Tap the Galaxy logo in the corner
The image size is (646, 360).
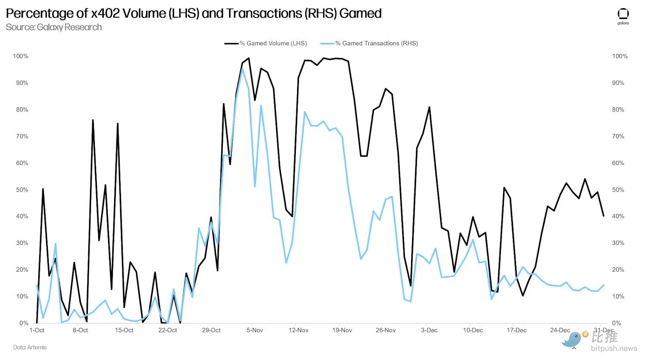623,16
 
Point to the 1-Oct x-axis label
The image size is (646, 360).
37,330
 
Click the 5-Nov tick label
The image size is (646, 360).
255,330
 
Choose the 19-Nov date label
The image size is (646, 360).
342,330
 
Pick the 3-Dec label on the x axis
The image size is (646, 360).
429,330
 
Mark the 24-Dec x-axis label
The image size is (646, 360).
560,330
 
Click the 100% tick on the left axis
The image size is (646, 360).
21,56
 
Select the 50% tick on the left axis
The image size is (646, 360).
22,190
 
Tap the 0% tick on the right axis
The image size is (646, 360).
616,323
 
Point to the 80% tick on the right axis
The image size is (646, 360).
618,110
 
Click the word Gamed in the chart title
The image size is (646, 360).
360,13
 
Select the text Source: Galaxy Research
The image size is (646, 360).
54,27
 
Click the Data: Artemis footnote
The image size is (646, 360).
30,347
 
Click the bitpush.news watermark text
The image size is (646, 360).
614,348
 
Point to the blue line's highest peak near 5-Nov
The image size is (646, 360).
242,69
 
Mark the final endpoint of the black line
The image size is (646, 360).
603,216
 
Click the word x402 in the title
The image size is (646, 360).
105,13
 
